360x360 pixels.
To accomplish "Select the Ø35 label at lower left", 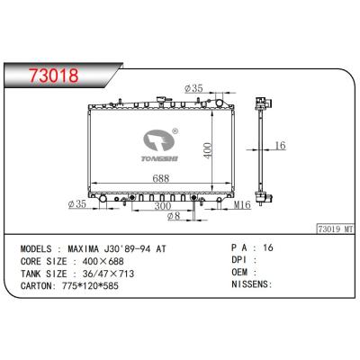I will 77,205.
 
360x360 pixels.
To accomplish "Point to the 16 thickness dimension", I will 280,145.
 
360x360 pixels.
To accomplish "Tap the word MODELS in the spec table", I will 38,245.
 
